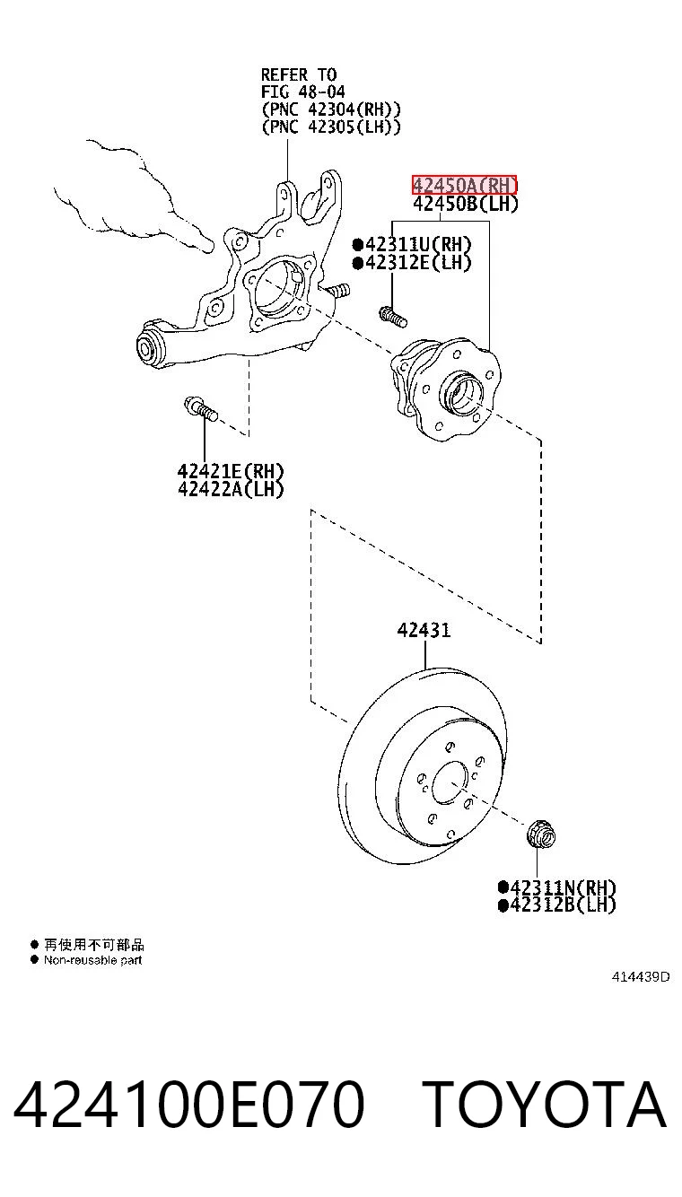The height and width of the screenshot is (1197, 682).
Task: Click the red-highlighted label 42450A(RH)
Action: click(x=464, y=185)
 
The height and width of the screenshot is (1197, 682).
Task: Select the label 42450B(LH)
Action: click(x=465, y=204)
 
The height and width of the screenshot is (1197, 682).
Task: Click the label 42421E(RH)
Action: click(x=231, y=471)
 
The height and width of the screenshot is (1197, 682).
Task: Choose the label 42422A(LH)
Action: click(x=231, y=489)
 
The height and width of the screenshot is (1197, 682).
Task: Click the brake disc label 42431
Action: click(x=424, y=630)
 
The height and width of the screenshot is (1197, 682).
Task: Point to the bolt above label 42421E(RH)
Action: click(x=200, y=409)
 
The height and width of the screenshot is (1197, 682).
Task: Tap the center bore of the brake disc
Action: click(x=450, y=783)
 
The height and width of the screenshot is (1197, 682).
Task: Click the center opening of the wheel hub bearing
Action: click(x=462, y=396)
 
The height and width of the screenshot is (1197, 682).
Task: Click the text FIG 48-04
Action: click(x=302, y=92)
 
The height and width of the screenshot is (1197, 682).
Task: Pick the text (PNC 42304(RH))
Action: click(x=331, y=109)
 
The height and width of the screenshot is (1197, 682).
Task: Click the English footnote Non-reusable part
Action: click(x=93, y=960)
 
